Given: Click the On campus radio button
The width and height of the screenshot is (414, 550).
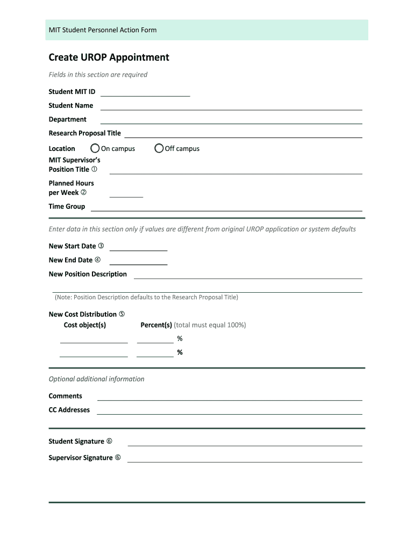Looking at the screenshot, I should coord(95,148).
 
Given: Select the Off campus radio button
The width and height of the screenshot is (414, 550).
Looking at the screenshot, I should coord(159,148).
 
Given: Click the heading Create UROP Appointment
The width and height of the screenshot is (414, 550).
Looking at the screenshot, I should coord(109,57).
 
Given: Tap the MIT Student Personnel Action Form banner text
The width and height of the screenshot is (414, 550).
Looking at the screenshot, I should coord(103,30).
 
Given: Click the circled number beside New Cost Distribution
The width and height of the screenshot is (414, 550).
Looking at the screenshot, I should coord(122,314).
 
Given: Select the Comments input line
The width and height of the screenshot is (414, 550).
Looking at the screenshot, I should coord(230,398).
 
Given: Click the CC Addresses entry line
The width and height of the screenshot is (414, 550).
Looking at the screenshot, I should coord(230,412).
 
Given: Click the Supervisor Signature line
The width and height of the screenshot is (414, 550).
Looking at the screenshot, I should coord(245,460).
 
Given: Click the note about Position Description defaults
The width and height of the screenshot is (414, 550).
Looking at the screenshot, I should coord(146,297).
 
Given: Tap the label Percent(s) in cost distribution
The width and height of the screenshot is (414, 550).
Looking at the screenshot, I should coord(156,325).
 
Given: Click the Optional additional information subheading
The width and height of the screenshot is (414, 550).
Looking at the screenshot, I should coord(97,379).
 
